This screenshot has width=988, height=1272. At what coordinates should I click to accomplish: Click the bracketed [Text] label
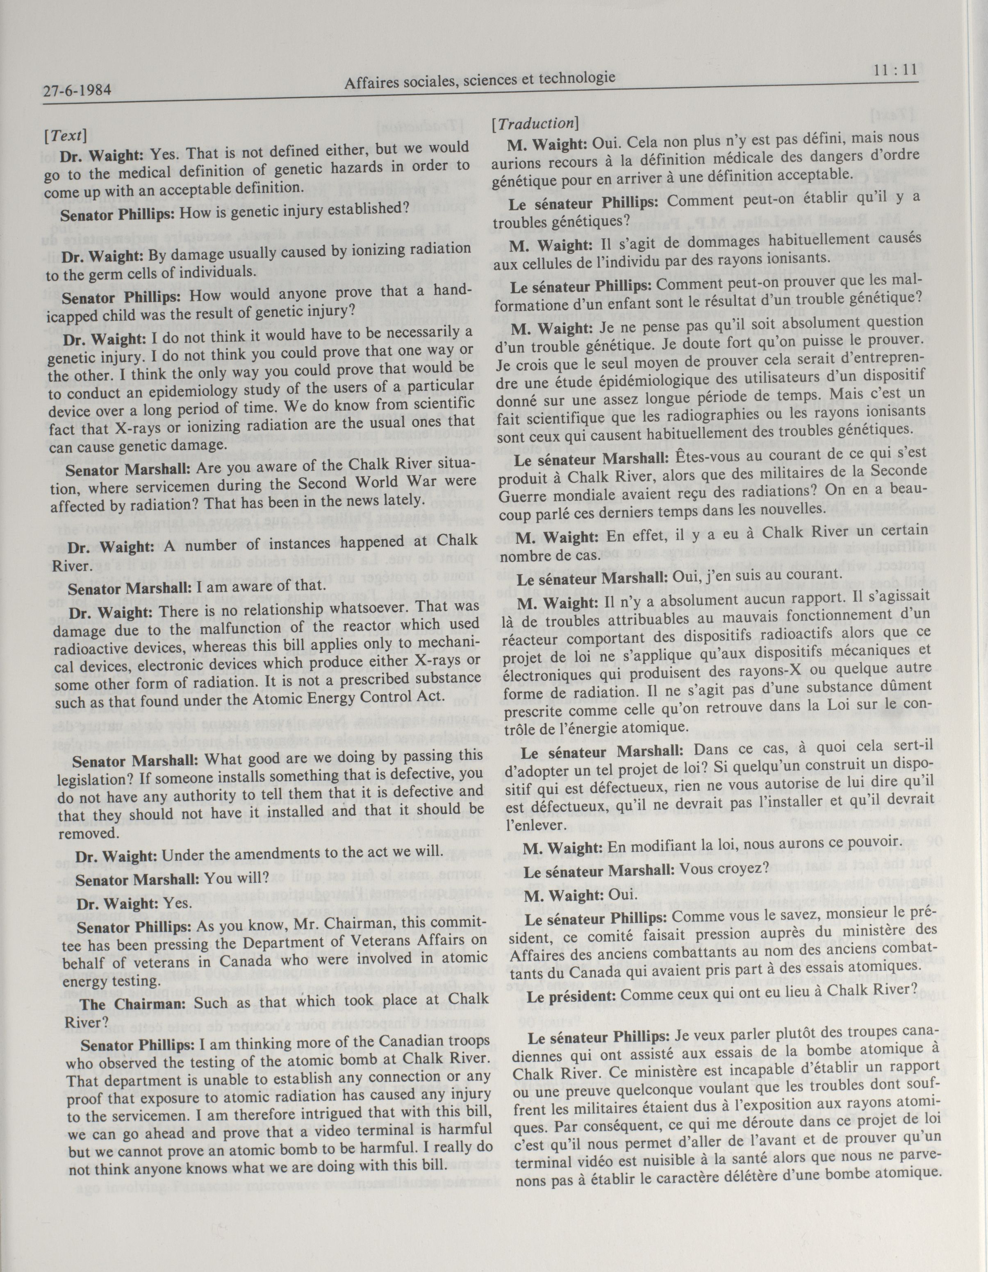pos(65,136)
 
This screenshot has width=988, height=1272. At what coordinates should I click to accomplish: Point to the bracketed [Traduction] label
pos(535,123)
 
